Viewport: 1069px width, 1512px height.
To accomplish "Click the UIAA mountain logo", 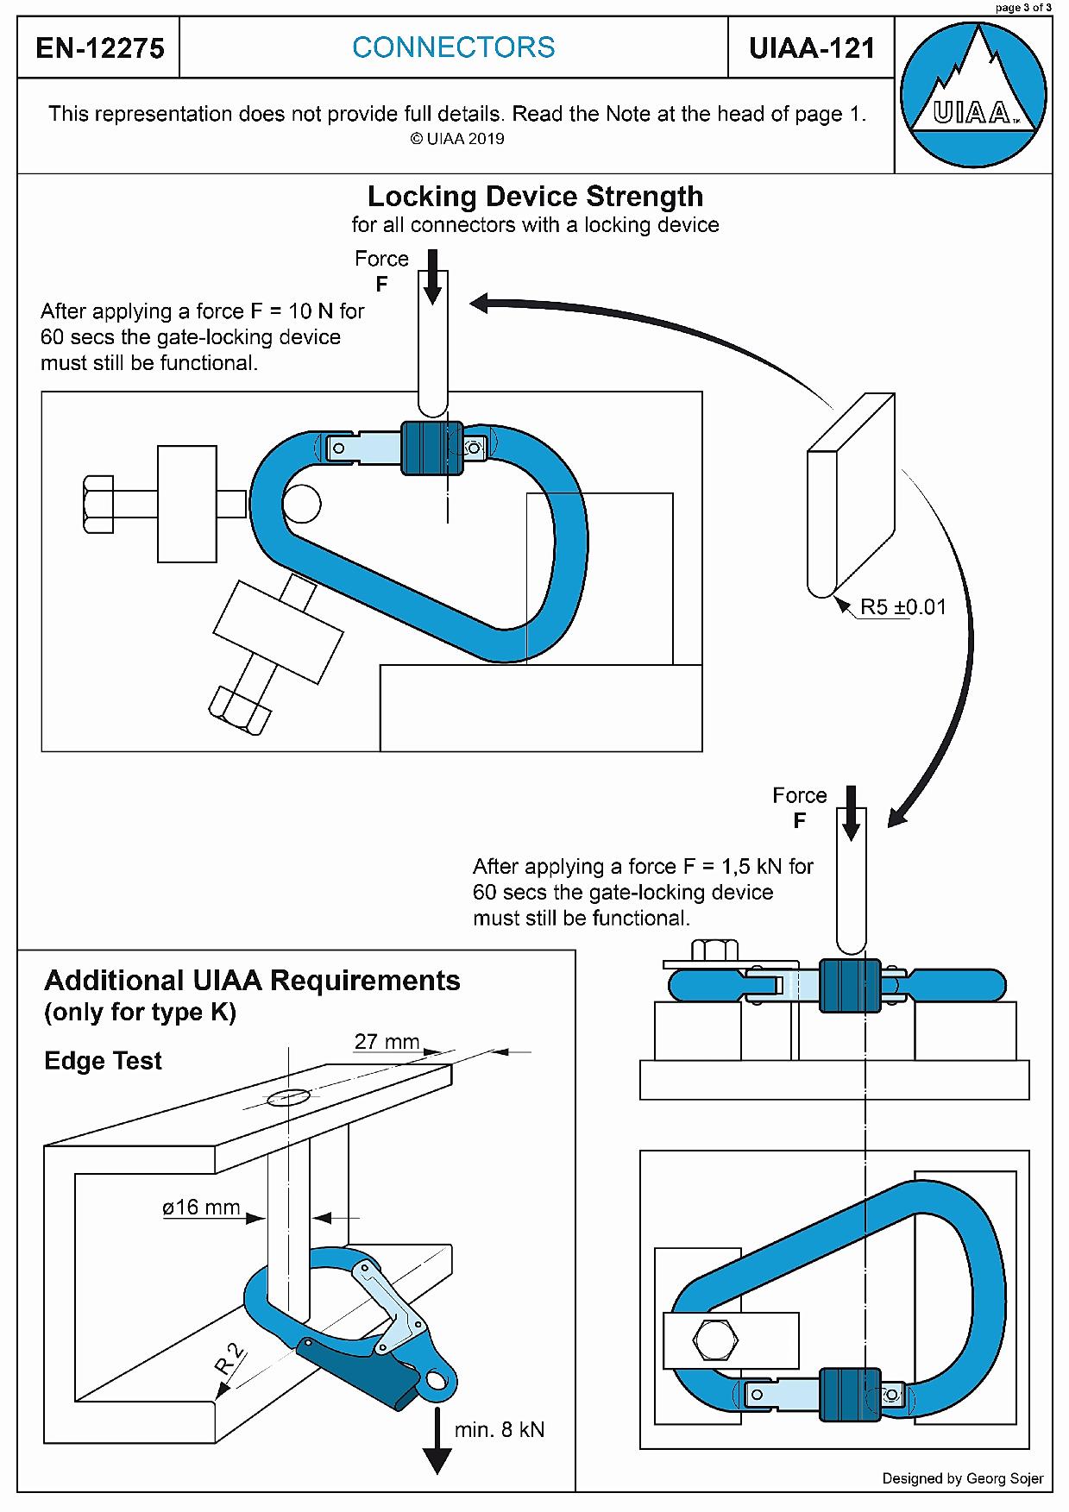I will click(973, 95).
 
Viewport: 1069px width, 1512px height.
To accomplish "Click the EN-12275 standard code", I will click(100, 48).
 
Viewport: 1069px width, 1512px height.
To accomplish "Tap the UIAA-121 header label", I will click(812, 48).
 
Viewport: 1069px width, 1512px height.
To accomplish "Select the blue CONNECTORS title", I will click(454, 47).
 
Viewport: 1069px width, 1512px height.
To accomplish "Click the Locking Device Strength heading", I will click(535, 197).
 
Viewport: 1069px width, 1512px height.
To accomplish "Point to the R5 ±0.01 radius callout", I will click(902, 607).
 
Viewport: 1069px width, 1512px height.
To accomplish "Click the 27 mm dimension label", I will click(387, 1042).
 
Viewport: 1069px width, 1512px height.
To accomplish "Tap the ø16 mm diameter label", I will click(201, 1208).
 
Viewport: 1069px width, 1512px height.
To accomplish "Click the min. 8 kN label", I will click(500, 1430).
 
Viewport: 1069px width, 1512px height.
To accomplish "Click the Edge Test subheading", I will click(103, 1061).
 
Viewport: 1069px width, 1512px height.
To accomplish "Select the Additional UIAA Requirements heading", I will click(252, 982).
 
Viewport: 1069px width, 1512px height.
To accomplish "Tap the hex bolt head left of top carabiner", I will click(98, 504).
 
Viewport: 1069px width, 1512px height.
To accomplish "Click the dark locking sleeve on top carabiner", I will click(431, 448).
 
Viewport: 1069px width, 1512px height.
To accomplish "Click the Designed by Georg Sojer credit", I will click(962, 1478).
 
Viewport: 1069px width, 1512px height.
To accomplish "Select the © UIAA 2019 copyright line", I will click(456, 139).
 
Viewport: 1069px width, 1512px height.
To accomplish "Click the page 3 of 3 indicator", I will click(1023, 8).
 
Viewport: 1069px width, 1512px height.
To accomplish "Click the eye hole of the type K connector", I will click(437, 1382).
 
